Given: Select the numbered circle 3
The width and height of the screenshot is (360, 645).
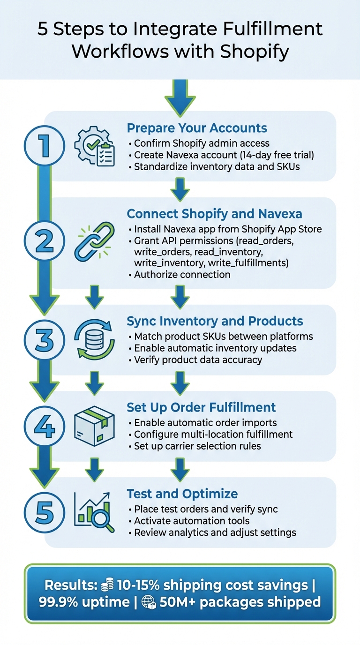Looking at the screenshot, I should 44,340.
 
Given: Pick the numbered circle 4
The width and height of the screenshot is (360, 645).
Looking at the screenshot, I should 44,427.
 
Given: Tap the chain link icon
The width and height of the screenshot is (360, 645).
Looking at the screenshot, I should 94,241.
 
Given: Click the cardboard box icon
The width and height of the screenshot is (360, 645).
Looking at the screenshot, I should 94,426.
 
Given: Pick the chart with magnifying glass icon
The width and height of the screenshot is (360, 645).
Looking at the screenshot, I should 94,512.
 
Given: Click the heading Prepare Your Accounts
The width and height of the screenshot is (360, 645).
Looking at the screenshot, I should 197,128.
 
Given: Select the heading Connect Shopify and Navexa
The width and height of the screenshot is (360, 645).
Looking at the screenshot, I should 214,214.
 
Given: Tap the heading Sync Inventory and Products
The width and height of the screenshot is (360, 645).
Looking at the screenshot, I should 215,321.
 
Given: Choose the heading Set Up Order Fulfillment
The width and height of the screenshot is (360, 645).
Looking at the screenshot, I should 201,407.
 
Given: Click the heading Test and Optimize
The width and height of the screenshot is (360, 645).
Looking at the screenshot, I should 182,494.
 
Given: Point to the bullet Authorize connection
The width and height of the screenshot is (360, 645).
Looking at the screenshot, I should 182,275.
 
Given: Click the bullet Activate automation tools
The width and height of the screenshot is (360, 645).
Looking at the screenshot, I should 191,521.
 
